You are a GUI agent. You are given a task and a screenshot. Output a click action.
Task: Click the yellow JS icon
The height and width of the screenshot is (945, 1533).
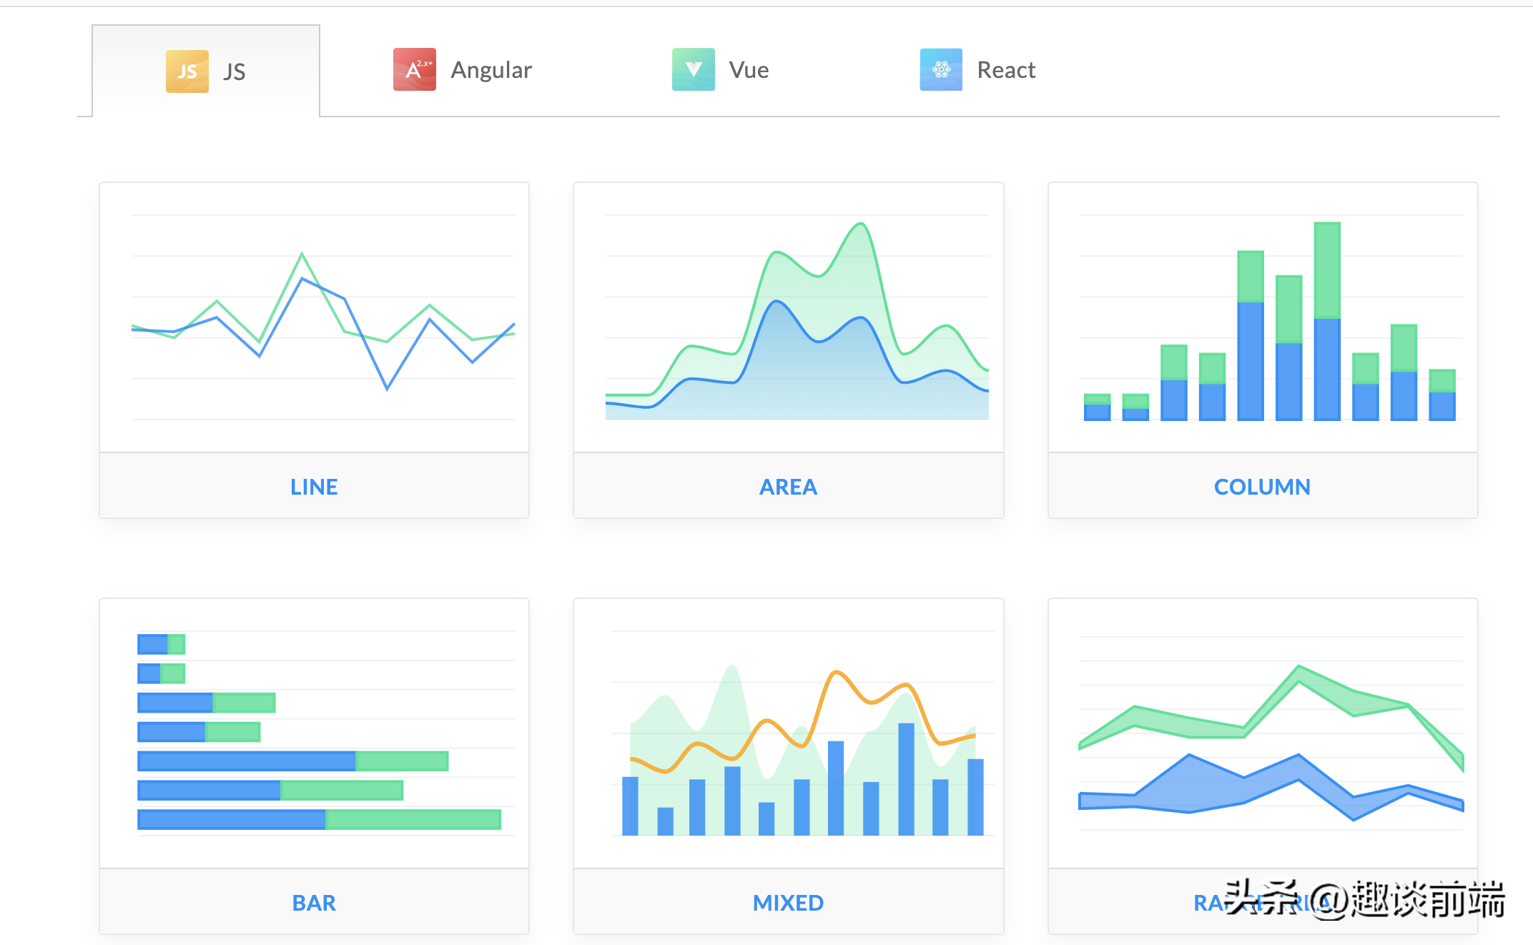[x=187, y=71]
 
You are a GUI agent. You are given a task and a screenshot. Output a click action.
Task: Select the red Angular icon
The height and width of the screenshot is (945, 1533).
[x=415, y=69]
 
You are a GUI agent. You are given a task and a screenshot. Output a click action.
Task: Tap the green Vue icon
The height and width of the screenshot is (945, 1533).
[x=693, y=69]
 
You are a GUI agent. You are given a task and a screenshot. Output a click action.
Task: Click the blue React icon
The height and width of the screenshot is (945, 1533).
[x=941, y=69]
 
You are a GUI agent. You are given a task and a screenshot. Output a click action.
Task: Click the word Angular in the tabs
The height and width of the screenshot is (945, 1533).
[x=491, y=70]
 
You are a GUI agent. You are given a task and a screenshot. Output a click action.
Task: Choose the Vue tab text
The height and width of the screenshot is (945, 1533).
[x=749, y=70]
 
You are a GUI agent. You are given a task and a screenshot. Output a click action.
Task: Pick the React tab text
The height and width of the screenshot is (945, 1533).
[x=1006, y=70]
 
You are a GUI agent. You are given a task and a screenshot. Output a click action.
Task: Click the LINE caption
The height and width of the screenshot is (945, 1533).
[x=314, y=487]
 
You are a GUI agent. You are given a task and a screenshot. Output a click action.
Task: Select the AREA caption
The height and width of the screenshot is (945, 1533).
[x=788, y=487]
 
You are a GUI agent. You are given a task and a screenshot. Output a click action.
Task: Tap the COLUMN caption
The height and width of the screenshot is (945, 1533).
[x=1262, y=487]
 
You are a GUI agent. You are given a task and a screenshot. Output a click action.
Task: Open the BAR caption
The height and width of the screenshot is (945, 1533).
[x=314, y=903]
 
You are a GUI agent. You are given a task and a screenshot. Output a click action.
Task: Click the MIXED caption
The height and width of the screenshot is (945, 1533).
[x=788, y=903]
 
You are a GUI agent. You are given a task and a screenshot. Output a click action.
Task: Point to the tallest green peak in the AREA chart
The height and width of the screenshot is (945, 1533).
[x=862, y=224]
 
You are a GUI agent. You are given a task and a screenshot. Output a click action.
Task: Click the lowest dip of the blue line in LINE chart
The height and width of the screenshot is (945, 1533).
[x=387, y=388]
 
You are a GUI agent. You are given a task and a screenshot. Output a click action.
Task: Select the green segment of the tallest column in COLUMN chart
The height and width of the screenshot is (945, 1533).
[x=1327, y=270]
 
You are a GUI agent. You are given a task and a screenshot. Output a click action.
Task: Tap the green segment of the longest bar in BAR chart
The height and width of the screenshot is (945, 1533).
[x=413, y=819]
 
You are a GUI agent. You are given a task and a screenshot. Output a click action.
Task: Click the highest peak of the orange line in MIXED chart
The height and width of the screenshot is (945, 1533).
[x=835, y=672]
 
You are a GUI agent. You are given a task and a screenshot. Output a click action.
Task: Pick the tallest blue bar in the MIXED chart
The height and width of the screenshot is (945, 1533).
[x=906, y=779]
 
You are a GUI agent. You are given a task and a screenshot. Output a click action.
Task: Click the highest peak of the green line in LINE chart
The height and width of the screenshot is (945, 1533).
[x=302, y=254]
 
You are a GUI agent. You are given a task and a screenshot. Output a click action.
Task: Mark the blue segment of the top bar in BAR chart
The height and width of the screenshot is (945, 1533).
[x=152, y=645]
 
